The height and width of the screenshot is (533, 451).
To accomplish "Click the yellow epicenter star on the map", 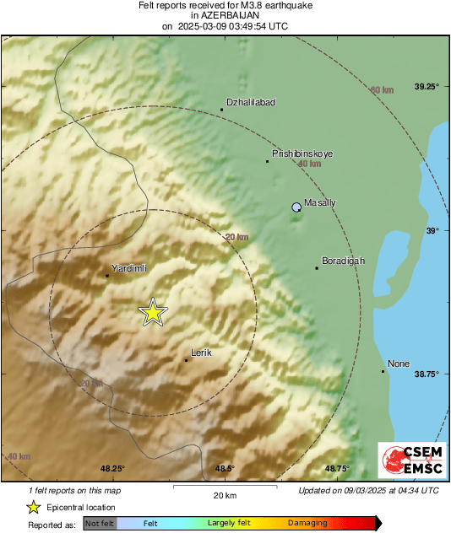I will pos(153,312).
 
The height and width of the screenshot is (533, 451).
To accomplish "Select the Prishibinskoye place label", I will pos(302,154).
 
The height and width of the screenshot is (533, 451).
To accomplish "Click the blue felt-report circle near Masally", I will pos(296,207).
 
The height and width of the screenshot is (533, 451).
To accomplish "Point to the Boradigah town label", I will pos(344,261).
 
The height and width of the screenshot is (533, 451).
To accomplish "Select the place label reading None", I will pos(399,363).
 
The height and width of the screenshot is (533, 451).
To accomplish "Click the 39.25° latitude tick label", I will pos(427,86).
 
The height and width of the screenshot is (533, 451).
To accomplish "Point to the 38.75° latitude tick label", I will pos(427,374).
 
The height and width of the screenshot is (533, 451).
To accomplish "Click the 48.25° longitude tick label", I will pos(113,469).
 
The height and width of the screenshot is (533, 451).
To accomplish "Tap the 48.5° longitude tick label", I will pos(224,469).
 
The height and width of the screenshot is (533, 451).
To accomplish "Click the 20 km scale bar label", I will pos(224,495).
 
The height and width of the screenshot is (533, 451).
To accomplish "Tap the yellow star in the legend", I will pos(33,507).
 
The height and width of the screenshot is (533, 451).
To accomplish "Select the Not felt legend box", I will pos(99,524).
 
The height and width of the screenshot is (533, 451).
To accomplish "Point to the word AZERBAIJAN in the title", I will pos(225,15).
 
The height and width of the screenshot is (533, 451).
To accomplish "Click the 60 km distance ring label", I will pos(383,90).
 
